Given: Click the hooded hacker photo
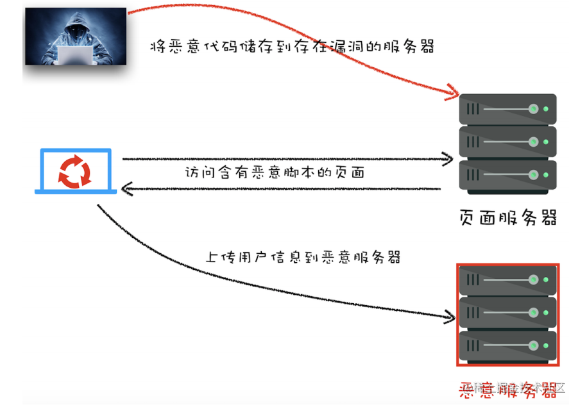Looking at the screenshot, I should [x=76, y=35].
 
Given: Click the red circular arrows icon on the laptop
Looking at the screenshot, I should [x=76, y=171].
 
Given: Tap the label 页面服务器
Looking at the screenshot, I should [x=507, y=217].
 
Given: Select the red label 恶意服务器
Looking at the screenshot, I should [x=507, y=388].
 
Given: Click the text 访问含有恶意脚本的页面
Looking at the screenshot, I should [x=275, y=173].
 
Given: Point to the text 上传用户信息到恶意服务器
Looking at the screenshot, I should [x=302, y=257].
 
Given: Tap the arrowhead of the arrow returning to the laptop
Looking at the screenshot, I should [x=127, y=188].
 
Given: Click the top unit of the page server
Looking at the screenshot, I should [x=507, y=109].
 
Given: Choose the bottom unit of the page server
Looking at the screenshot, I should [x=507, y=174].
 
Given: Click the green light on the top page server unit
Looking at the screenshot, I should [x=546, y=109].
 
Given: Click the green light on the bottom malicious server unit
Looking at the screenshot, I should [x=546, y=346].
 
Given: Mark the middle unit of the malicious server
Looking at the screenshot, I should [x=507, y=313].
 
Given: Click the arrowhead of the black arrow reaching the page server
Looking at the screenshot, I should [x=449, y=159].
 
